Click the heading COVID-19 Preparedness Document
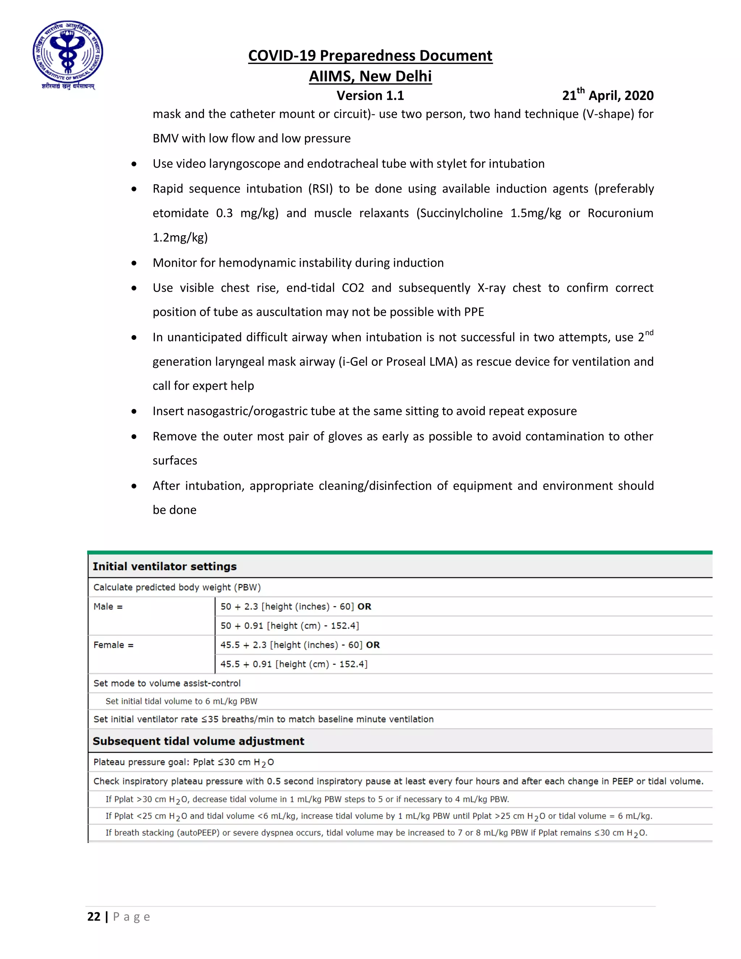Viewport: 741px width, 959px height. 370,56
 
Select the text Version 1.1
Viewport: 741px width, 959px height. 370,95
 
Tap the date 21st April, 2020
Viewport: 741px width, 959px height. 607,95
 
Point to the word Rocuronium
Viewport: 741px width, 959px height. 620,214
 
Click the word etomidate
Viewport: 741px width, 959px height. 181,214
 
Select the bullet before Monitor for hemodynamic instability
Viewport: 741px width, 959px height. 134,263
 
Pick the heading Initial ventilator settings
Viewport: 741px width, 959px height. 165,566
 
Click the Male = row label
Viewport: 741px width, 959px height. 108,607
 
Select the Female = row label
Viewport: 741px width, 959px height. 113,645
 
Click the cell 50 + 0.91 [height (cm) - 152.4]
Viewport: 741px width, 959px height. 290,626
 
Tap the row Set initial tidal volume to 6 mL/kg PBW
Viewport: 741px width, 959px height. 181,702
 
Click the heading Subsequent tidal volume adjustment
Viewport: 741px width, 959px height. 198,741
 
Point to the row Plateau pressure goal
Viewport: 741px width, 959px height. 183,762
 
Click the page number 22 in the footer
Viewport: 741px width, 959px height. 94,917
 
